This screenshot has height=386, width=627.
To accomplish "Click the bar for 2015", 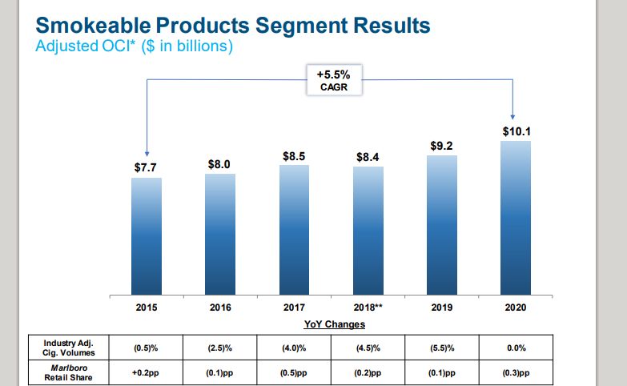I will pyautogui.click(x=147, y=235).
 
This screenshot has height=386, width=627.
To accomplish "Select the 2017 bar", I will pyautogui.click(x=294, y=229).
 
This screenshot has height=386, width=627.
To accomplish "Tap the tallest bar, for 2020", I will pyautogui.click(x=515, y=217).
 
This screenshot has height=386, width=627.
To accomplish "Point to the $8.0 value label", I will pyautogui.click(x=219, y=164).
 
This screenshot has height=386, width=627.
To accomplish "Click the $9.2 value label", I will pyautogui.click(x=442, y=146).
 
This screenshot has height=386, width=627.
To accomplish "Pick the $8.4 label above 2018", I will pyautogui.click(x=368, y=157).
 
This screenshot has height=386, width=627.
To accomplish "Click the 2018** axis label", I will pyautogui.click(x=368, y=307).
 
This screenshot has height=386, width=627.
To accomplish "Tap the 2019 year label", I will pyautogui.click(x=442, y=307).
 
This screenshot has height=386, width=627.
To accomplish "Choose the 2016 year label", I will pyautogui.click(x=220, y=307).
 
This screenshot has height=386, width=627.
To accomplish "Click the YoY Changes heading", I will pyautogui.click(x=334, y=324).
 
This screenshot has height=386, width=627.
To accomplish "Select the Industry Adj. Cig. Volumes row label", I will pyautogui.click(x=69, y=348).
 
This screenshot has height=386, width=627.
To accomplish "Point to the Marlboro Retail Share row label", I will pyautogui.click(x=69, y=372).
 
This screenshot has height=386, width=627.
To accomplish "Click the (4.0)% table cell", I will pyautogui.click(x=294, y=348).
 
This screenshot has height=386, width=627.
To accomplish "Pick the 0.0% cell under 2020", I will pyautogui.click(x=515, y=348).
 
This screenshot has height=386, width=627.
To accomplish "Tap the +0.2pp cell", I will pyautogui.click(x=147, y=372).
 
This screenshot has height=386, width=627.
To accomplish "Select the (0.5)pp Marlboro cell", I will pyautogui.click(x=294, y=372).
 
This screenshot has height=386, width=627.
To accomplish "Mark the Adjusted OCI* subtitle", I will pyautogui.click(x=85, y=46).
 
